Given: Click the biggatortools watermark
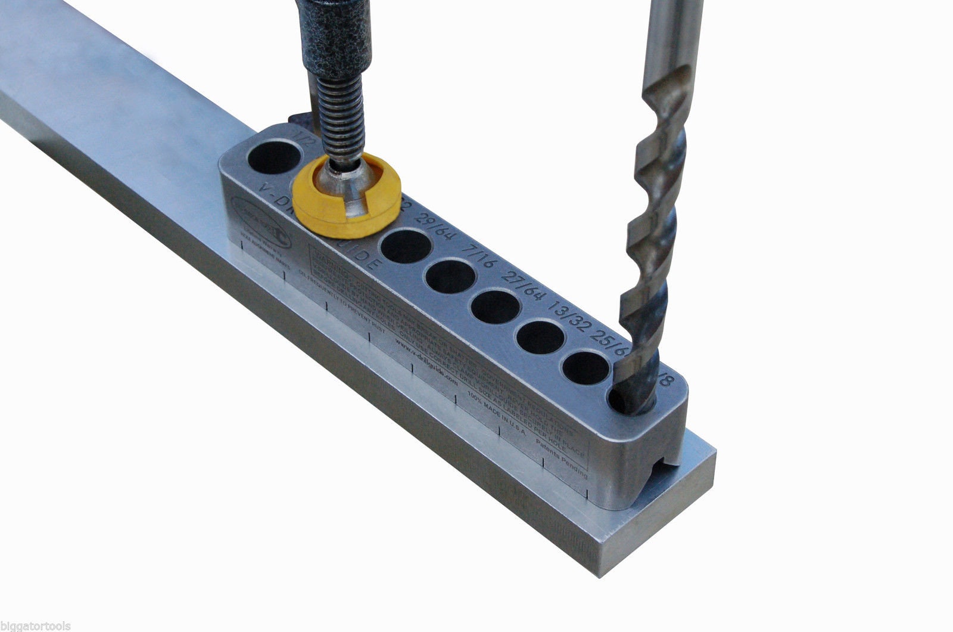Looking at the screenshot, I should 36,626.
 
